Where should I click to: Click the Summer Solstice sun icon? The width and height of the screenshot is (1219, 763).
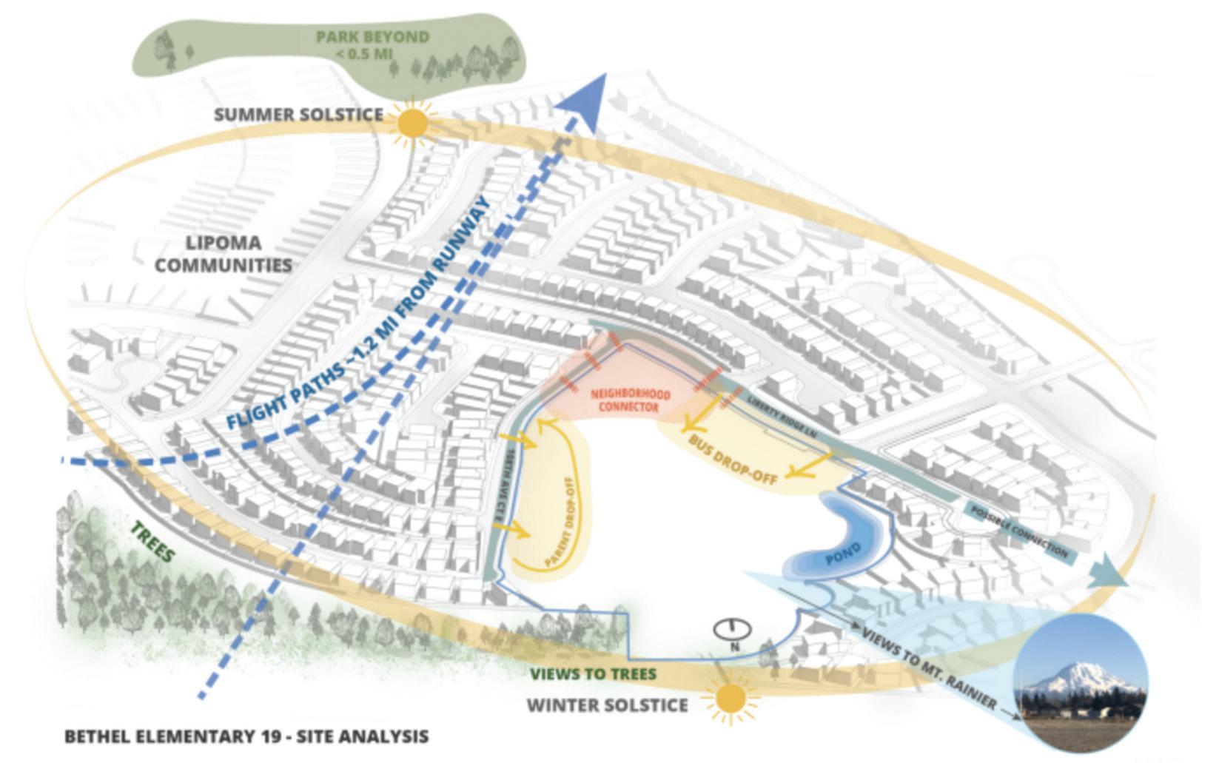tap(412, 123)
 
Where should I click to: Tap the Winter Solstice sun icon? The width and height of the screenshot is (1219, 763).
tap(731, 699)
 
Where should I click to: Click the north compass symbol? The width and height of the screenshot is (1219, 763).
tap(733, 631)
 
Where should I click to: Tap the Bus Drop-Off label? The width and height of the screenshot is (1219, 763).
tap(733, 459)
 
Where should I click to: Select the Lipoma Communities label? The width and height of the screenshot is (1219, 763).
tap(223, 254)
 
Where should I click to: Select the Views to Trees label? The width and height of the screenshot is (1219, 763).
tap(594, 674)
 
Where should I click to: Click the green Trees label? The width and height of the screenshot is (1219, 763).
tap(154, 542)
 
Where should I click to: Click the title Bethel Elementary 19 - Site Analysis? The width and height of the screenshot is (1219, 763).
tap(246, 737)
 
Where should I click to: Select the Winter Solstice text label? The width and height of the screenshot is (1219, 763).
tap(607, 705)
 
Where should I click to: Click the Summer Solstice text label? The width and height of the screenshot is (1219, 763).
tap(298, 115)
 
